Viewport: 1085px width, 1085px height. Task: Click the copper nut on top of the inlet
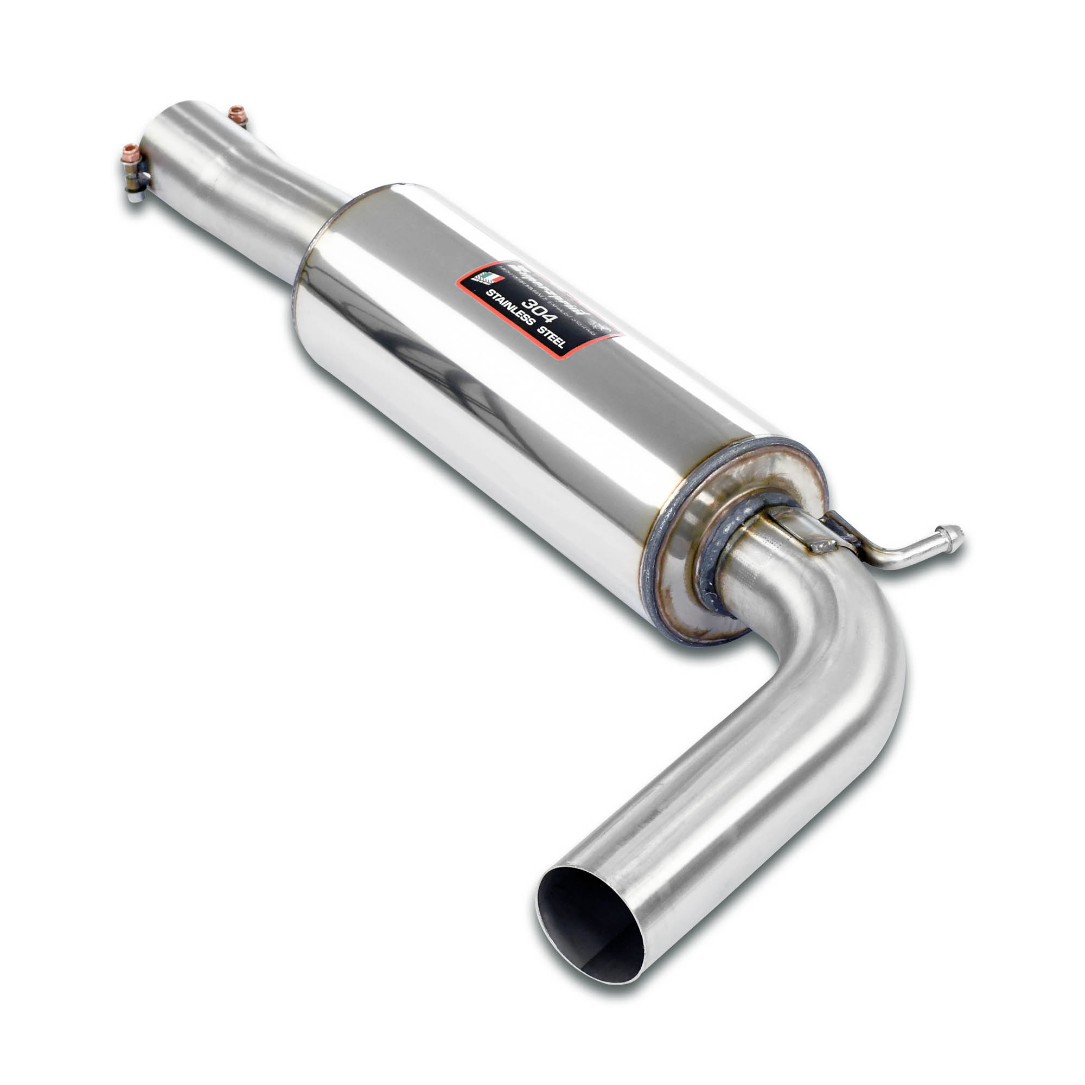point(238,114)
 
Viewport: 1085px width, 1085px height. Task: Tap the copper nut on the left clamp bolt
point(131,152)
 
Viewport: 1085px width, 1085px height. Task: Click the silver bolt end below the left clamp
point(133,196)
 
